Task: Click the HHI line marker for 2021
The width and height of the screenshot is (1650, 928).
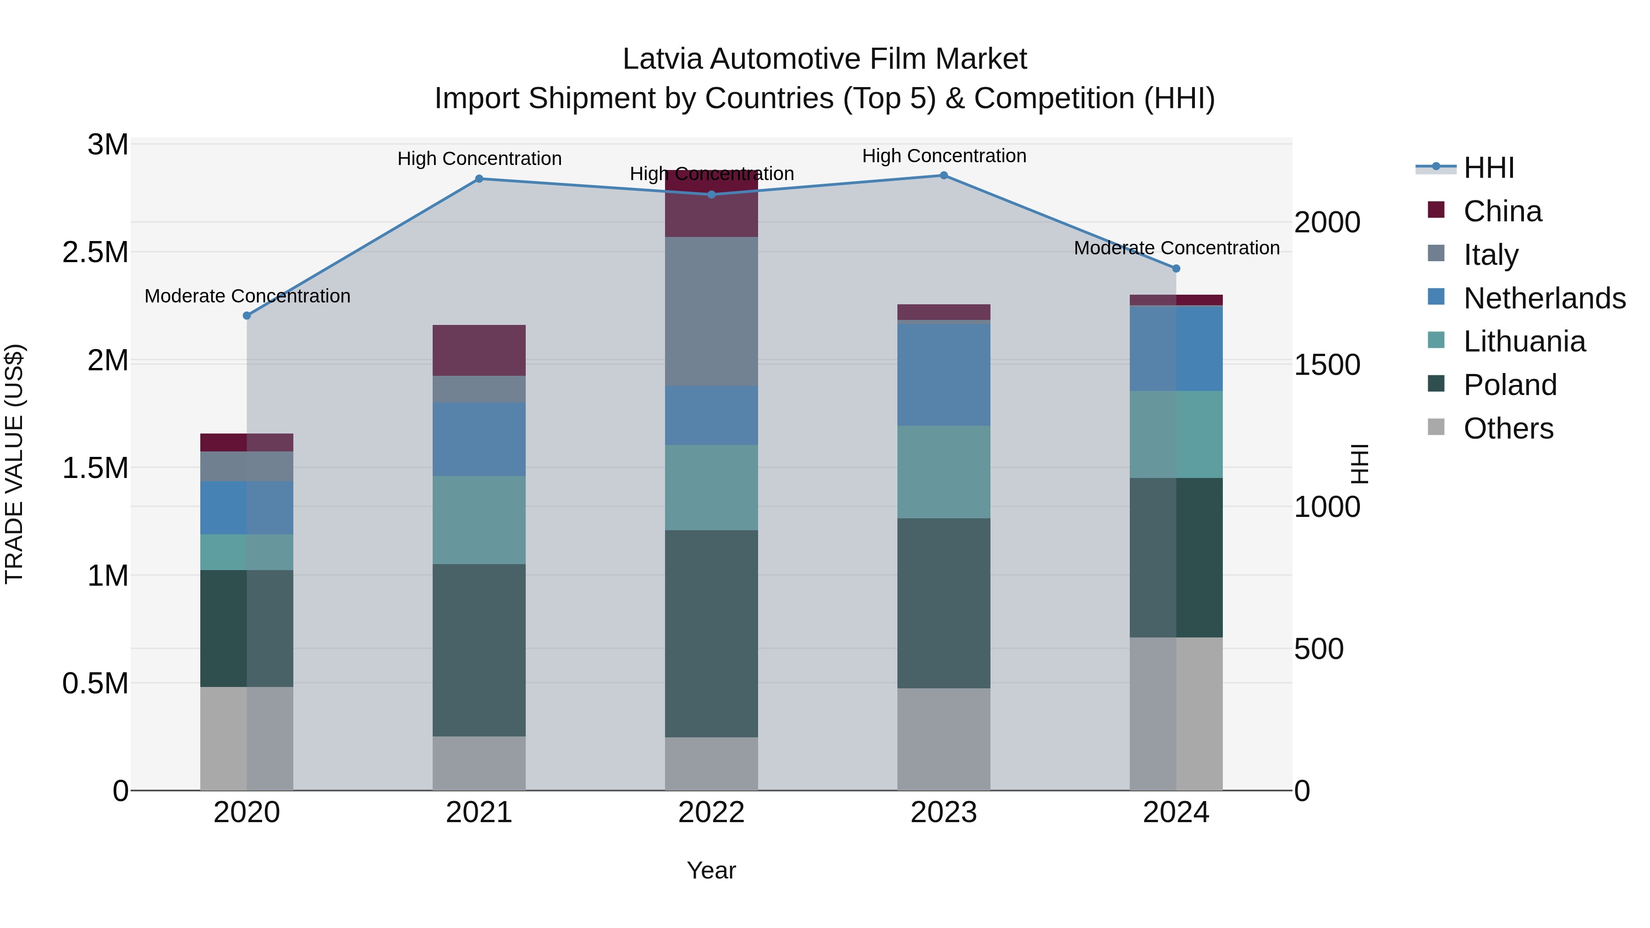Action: [x=478, y=179]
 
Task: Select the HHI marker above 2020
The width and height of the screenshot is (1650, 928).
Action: [x=247, y=315]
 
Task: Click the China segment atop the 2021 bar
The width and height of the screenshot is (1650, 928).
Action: [x=478, y=350]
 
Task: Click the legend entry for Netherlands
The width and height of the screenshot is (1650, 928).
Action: [x=1544, y=298]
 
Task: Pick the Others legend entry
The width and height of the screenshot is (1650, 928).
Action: [x=1508, y=428]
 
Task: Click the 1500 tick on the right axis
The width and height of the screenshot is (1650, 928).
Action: [x=1326, y=365]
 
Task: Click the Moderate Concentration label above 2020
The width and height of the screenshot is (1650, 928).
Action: [x=247, y=296]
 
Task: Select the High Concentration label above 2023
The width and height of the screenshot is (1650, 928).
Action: [x=944, y=156]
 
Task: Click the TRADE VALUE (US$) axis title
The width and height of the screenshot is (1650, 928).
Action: [x=14, y=464]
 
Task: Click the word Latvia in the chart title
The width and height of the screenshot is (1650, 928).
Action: [x=662, y=59]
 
